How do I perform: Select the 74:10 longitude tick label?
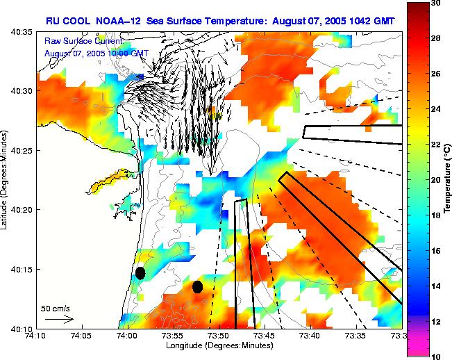(x=36, y=335)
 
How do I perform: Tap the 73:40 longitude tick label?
(x=310, y=335)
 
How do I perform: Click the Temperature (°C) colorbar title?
(x=448, y=180)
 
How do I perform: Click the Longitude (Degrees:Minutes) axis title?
(x=219, y=345)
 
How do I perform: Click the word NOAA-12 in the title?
(x=119, y=22)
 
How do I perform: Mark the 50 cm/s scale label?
(x=55, y=308)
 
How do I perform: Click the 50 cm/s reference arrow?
(x=59, y=319)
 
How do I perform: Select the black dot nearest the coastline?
(x=140, y=272)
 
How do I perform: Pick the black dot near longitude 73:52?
(x=197, y=286)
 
